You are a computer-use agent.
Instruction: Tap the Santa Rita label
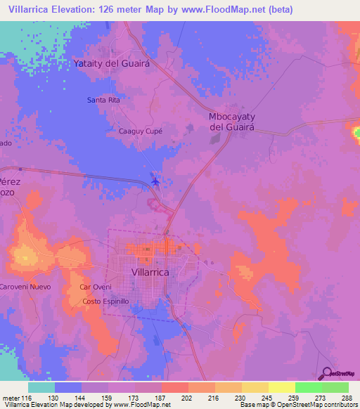(x=103, y=100)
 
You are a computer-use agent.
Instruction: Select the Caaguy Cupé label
(x=140, y=131)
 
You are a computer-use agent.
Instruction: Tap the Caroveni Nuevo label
(x=25, y=287)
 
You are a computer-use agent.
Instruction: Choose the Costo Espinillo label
(x=106, y=301)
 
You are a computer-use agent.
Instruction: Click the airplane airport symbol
(x=155, y=183)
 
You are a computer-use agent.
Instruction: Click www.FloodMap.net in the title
(x=220, y=9)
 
